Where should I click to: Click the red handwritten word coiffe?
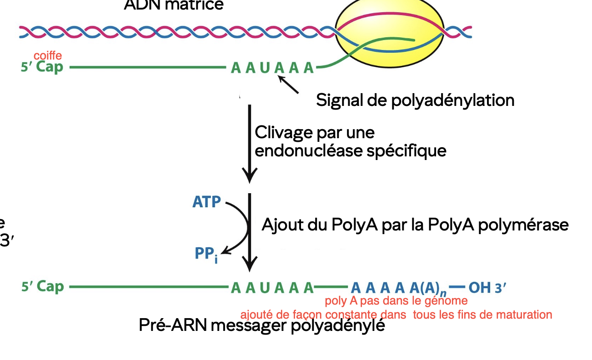47,55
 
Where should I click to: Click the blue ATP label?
206,202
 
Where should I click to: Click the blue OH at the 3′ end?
479,288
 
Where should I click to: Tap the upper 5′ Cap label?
42,67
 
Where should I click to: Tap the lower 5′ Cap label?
42,287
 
